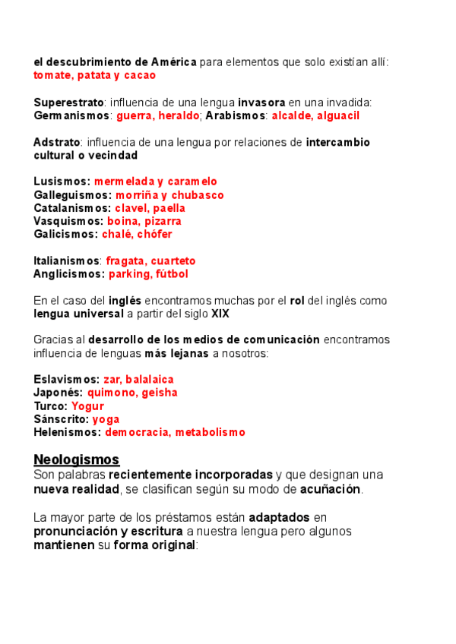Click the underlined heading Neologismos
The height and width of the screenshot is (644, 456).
pos(77,459)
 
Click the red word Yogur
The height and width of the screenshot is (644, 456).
pos(87,406)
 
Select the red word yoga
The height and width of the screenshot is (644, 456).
pos(106,418)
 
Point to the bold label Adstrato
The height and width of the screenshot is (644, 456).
pos(56,142)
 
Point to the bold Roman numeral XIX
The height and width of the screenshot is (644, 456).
pos(221,313)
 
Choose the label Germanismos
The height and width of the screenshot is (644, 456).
pos(72,115)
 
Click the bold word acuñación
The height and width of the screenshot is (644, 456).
pos(331,488)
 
